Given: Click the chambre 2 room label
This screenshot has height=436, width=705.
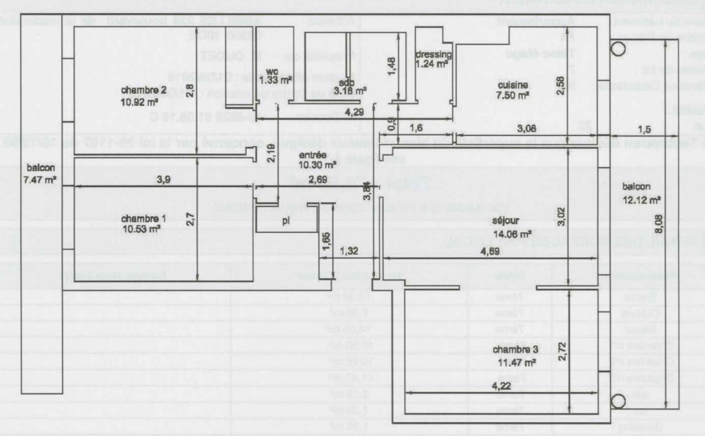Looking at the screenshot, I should [x=144, y=90].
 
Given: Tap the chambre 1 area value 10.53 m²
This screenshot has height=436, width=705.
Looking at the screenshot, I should [x=140, y=229].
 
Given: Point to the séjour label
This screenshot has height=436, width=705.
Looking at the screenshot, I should [x=505, y=221].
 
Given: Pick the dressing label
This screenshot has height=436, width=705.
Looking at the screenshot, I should [x=433, y=54].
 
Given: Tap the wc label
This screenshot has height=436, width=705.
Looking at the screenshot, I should [x=272, y=72].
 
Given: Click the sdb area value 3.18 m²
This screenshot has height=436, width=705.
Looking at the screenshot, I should [x=350, y=92].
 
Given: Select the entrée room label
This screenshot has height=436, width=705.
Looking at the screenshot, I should [x=313, y=155].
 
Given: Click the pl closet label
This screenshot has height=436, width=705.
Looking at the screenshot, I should [x=286, y=221].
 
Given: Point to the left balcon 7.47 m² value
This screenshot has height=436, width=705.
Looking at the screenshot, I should [x=40, y=179].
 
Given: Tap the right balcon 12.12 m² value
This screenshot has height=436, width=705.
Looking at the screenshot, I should [x=641, y=200].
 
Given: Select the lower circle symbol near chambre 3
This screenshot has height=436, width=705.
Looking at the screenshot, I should [x=618, y=402].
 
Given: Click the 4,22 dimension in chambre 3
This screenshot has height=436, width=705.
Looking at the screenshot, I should [x=501, y=386].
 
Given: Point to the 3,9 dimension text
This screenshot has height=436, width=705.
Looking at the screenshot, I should [x=164, y=180].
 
